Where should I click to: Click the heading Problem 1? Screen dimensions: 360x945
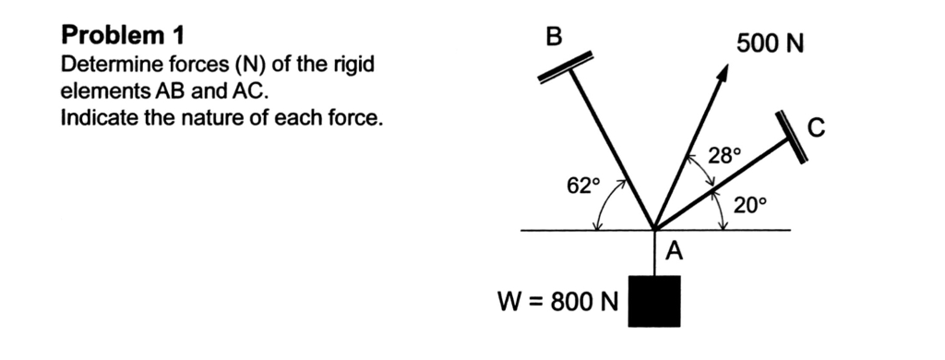(x=122, y=36)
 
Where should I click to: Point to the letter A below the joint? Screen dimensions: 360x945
(x=674, y=250)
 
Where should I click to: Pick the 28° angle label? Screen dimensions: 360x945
(x=724, y=154)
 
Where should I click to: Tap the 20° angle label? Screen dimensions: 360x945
(x=750, y=205)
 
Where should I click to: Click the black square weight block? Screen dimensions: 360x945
(x=654, y=301)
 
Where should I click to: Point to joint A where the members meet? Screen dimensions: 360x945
(x=653, y=228)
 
